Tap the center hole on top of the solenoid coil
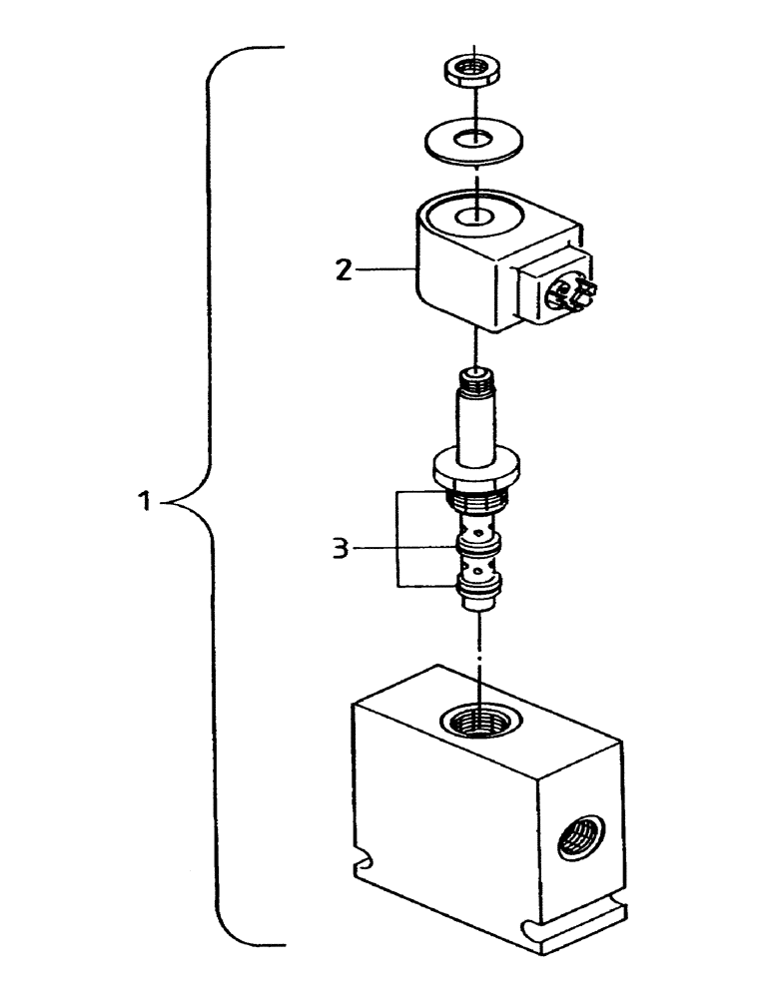(x=474, y=217)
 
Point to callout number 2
(x=343, y=269)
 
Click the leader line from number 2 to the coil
(x=380, y=268)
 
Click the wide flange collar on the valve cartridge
(x=477, y=466)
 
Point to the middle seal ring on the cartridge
(x=477, y=545)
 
